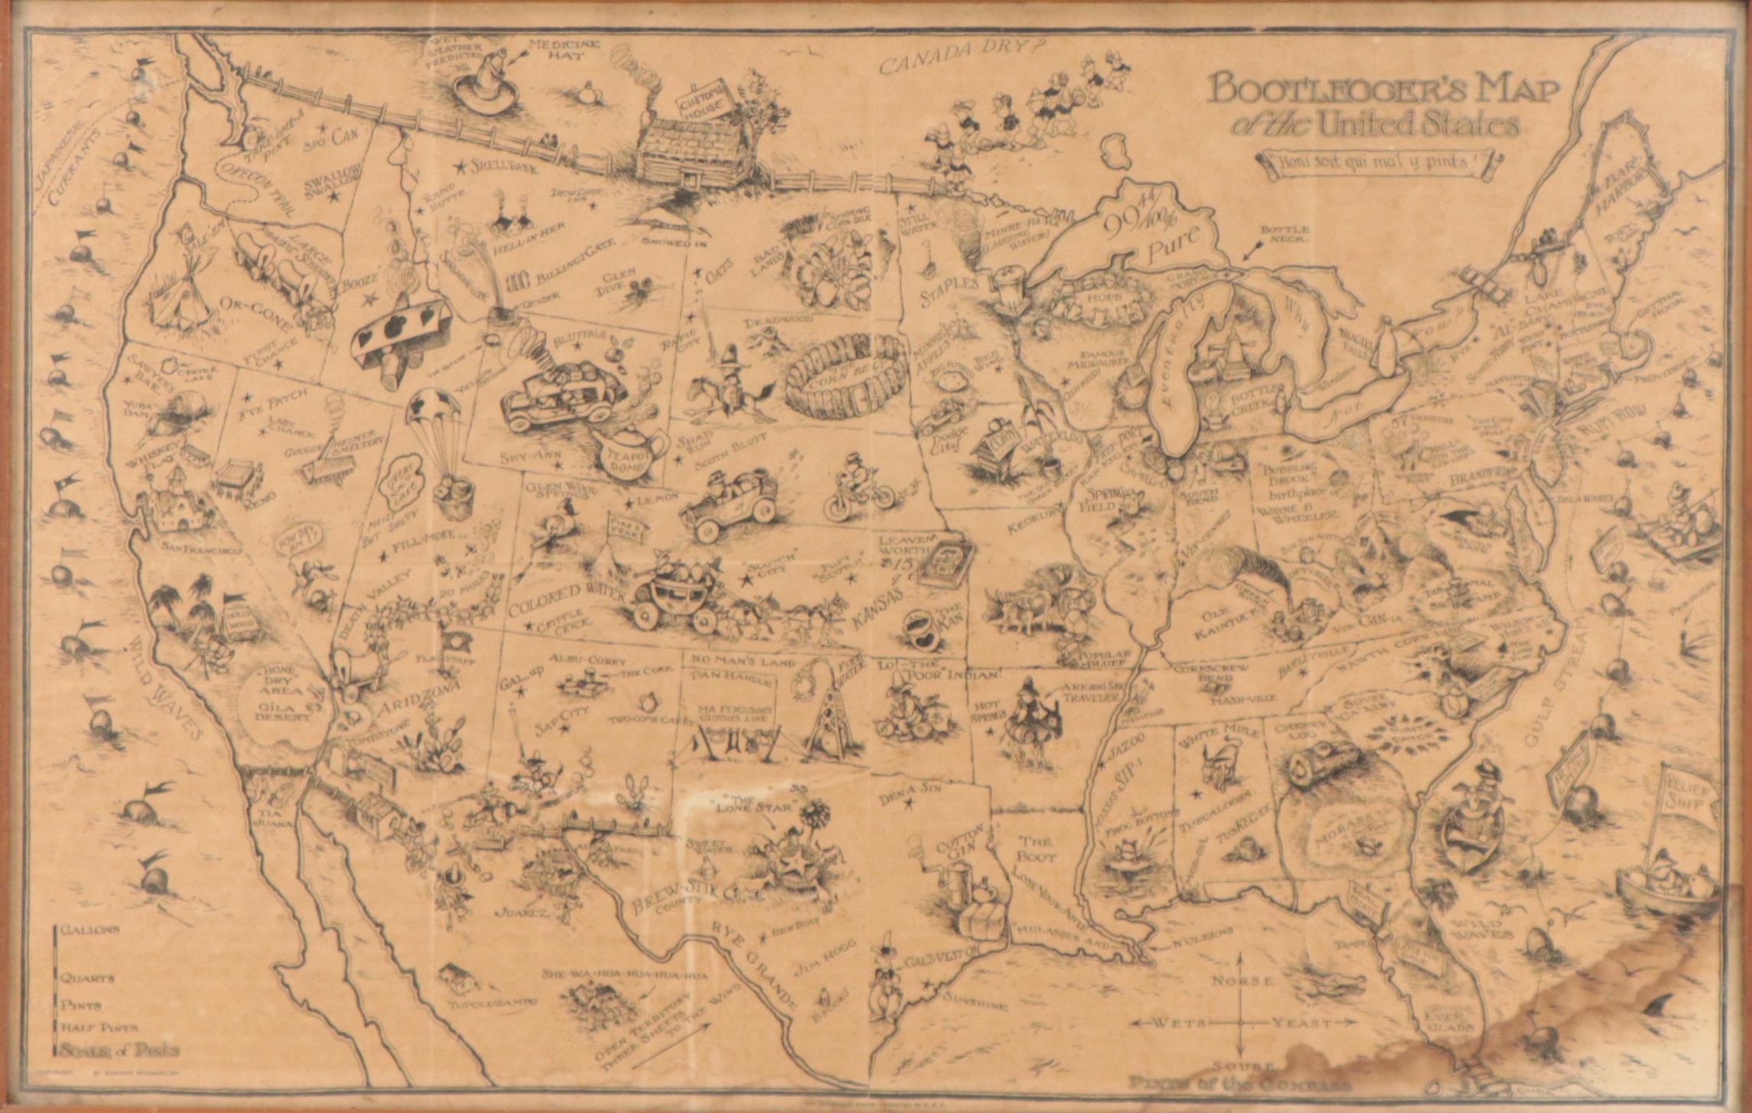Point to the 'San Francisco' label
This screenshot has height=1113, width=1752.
tap(200, 549)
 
